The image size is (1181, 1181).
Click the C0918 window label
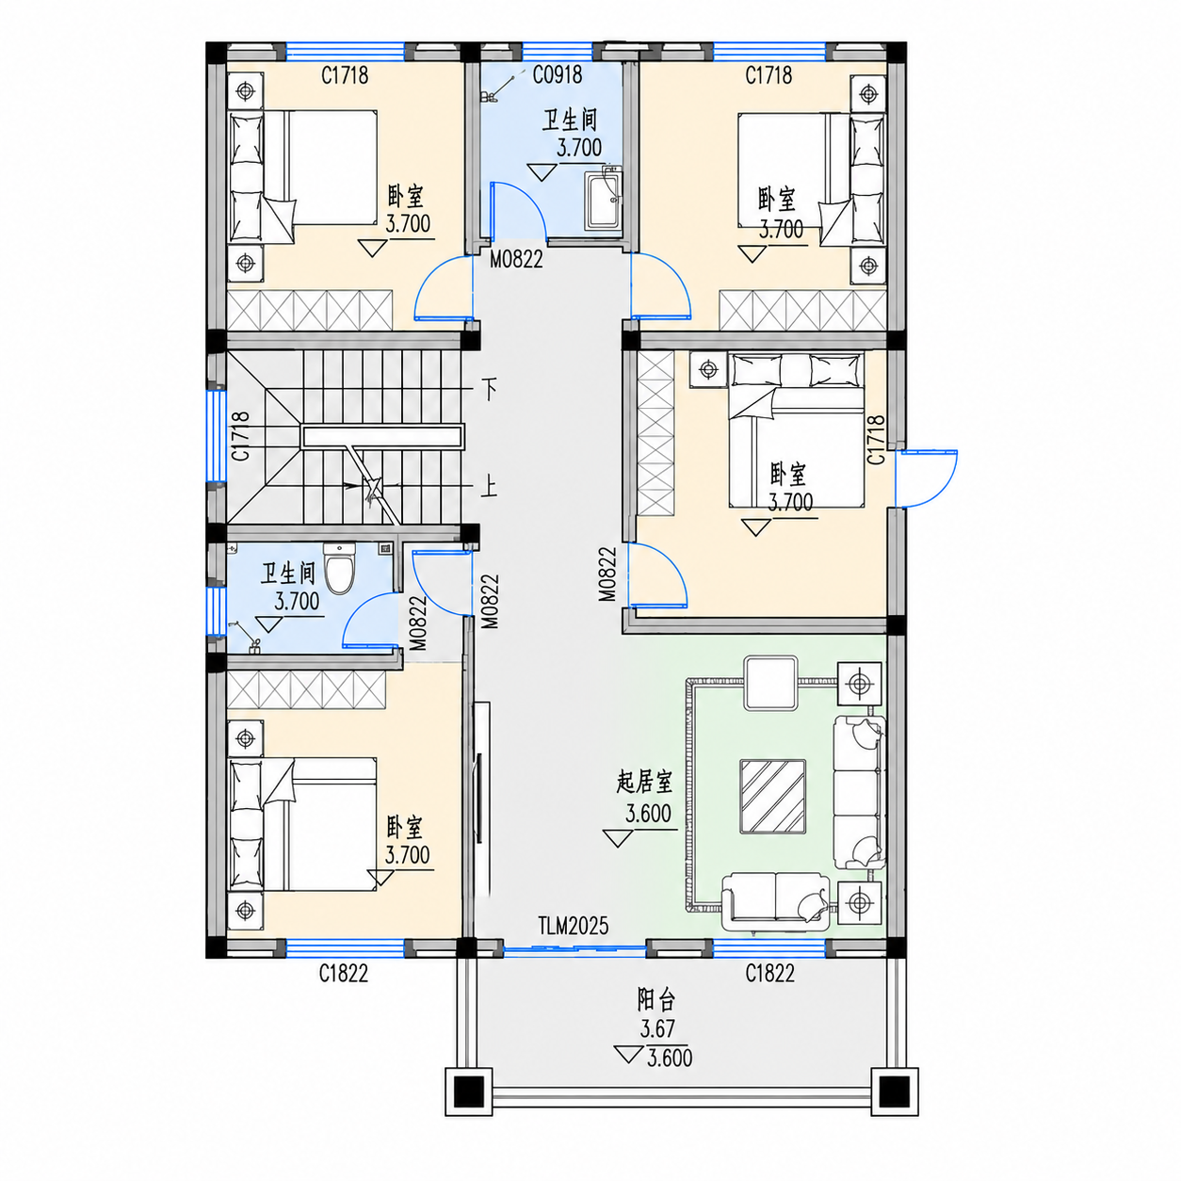[558, 74]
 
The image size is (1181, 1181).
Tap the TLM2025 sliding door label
[573, 926]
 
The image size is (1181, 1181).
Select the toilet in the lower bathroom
[340, 568]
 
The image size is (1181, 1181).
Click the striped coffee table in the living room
[772, 796]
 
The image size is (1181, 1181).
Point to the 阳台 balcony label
[656, 999]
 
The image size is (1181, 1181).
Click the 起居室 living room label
[644, 783]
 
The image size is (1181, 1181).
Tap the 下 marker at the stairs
[489, 389]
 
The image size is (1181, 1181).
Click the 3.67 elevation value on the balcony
[657, 1028]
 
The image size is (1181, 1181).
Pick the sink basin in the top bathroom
[604, 199]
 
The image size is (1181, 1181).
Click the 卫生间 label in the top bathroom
[569, 121]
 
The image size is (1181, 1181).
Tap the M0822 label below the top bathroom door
[516, 259]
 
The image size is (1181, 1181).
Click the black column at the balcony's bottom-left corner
[469, 1092]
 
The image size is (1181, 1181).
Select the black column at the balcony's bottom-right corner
[894, 1092]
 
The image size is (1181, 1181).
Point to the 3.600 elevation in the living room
[648, 814]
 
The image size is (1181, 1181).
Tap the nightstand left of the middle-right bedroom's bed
[708, 369]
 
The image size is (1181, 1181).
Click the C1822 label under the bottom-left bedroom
[343, 973]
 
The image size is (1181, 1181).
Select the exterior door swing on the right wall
[926, 478]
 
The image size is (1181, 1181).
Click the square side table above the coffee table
[771, 683]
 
